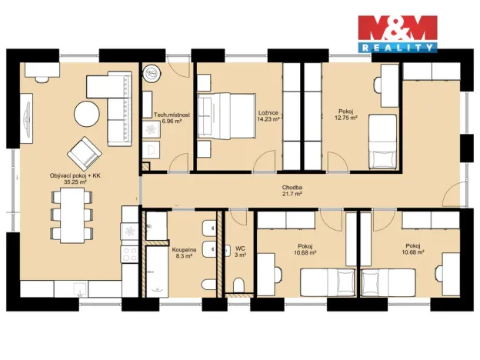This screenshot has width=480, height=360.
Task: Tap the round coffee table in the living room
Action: click(x=86, y=115)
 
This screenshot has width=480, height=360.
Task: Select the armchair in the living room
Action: click(x=82, y=152)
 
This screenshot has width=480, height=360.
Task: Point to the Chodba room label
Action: click(x=292, y=187)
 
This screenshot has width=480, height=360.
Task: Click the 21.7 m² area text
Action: click(x=292, y=195)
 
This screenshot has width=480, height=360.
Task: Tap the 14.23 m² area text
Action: click(x=269, y=119)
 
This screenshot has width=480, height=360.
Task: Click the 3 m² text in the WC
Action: click(x=241, y=255)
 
